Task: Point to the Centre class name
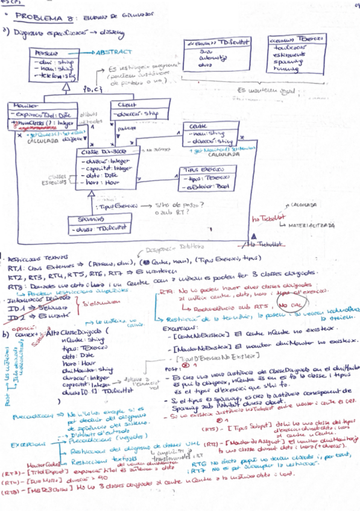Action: [198, 126]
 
